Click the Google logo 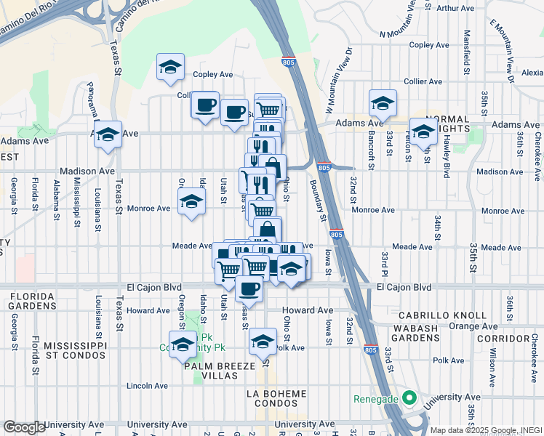24,427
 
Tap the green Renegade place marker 409,398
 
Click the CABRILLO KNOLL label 443,315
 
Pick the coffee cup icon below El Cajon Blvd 249,288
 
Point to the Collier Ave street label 425,82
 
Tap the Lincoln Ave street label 148,385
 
